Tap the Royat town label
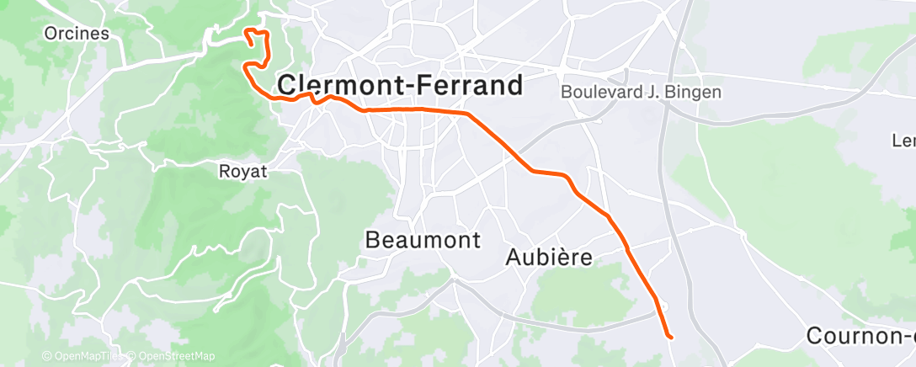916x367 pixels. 242,172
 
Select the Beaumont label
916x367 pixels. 423,241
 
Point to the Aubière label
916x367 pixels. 550,258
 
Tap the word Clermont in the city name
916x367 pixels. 342,85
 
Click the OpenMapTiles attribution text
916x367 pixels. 84,356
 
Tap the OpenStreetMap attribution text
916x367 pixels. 172,356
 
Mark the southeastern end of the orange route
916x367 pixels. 670,337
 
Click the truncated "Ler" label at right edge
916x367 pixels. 905,141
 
